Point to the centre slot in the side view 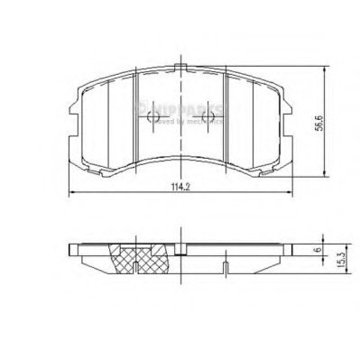pos(183,249)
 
